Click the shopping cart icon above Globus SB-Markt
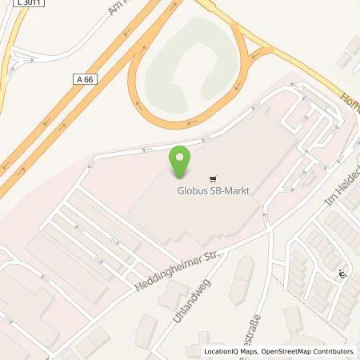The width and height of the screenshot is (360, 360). point(212,178)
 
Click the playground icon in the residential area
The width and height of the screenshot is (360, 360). point(343,274)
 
